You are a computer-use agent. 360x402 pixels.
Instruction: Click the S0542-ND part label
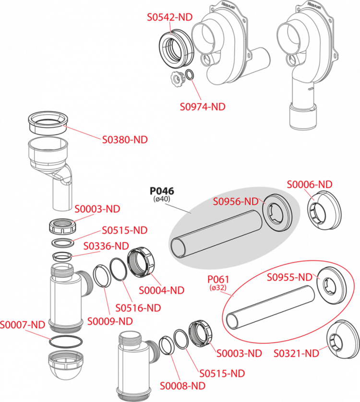(169, 17)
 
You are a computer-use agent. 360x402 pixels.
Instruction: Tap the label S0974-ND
(203, 107)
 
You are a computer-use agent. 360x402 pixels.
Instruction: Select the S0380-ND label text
(125, 140)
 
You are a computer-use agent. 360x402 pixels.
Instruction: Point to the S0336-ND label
(106, 246)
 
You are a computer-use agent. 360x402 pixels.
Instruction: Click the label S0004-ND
(161, 290)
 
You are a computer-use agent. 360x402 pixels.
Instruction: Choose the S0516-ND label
(138, 308)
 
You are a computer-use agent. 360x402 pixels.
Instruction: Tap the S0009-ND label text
(110, 321)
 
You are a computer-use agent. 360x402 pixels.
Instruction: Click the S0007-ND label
(23, 325)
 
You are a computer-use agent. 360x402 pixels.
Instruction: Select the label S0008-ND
(183, 386)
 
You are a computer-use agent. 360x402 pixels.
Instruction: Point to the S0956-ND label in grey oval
(236, 201)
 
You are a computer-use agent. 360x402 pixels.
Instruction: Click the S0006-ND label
(310, 185)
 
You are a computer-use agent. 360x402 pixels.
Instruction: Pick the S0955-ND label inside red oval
(289, 277)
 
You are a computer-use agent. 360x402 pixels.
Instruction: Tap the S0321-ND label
(296, 354)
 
